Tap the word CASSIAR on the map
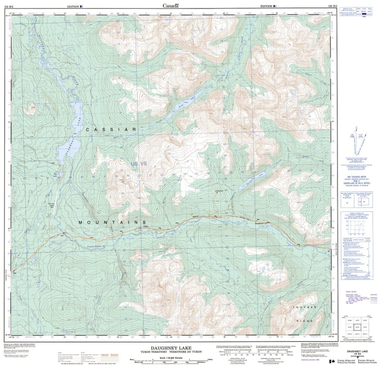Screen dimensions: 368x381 (x=111, y=129)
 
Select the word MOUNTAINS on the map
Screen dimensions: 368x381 (x=112, y=222)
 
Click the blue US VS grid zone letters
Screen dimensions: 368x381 (x=140, y=164)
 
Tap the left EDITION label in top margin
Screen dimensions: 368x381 (x=74, y=6)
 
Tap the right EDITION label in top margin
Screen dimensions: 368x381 (x=267, y=6)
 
